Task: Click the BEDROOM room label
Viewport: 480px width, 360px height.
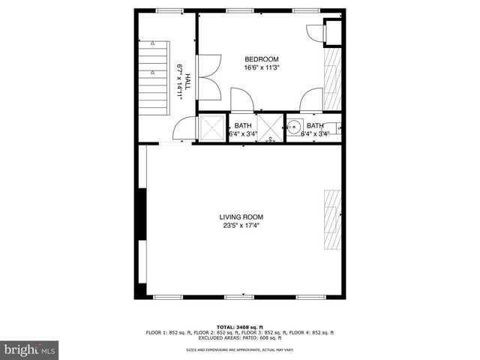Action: (x=262, y=59)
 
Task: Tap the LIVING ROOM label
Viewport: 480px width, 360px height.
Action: (x=241, y=217)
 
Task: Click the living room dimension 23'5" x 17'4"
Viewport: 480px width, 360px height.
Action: (x=241, y=226)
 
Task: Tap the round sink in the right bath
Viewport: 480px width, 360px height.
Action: (x=295, y=127)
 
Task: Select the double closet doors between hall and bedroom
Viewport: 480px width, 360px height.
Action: (x=208, y=77)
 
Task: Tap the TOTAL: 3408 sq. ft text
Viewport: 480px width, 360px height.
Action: (x=240, y=327)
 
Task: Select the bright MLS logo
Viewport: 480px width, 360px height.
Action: (x=30, y=349)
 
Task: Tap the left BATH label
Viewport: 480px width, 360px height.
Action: (x=243, y=125)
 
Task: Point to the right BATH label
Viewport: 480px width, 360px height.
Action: (x=315, y=125)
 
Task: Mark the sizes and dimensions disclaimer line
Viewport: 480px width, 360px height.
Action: (x=240, y=350)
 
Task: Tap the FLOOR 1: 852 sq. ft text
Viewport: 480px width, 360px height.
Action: (x=172, y=332)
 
